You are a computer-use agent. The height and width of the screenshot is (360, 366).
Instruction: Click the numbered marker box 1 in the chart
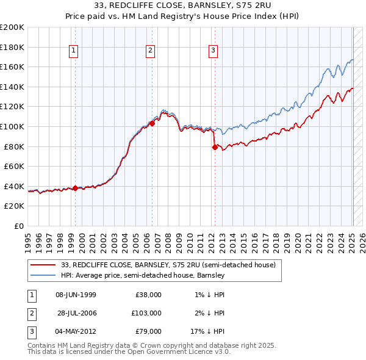coord(73,51)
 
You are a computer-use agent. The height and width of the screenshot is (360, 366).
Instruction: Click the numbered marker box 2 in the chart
coord(150,51)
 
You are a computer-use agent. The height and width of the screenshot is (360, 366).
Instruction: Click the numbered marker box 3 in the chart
coord(213,51)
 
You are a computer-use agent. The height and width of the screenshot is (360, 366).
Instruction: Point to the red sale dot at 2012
coord(215,147)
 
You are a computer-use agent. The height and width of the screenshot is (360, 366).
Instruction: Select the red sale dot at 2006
coord(152,123)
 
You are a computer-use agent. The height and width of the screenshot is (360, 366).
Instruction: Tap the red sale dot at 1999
coord(75,188)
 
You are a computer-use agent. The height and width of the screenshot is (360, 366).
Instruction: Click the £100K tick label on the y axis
coord(13,126)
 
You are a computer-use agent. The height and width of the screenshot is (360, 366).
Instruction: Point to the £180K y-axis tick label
coord(13,47)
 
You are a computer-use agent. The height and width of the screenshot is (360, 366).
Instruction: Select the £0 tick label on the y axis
coord(18,226)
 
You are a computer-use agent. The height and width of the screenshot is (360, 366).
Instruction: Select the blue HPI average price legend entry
coord(143,276)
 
